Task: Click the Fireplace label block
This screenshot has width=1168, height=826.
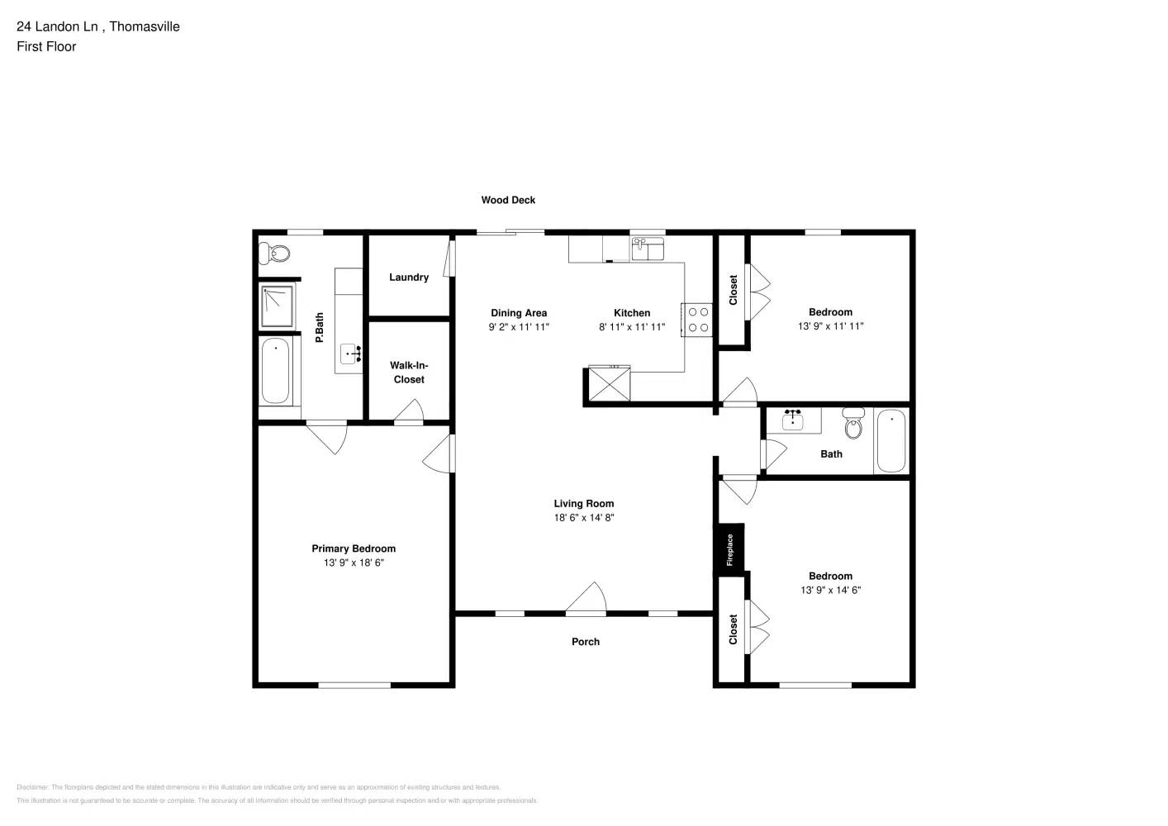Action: point(730,549)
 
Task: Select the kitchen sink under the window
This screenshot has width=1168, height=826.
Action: point(648,249)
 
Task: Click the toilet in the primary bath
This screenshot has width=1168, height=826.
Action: point(278,253)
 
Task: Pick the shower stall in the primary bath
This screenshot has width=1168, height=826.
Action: point(278,306)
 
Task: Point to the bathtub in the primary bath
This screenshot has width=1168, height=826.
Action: point(276,371)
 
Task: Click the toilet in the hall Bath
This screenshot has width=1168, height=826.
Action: point(853,424)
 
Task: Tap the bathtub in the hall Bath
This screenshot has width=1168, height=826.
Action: point(890,441)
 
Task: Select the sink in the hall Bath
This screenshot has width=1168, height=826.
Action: point(793,420)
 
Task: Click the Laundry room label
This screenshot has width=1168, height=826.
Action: point(409,278)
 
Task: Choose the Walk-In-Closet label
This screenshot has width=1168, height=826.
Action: point(409,373)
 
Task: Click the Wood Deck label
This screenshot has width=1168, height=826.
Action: point(508,200)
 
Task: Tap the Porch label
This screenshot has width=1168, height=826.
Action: point(586,642)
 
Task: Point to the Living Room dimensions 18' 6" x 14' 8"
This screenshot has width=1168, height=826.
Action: point(584,518)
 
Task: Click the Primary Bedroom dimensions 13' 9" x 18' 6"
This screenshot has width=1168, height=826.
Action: point(354,563)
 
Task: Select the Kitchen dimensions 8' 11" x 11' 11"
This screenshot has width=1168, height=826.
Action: point(632,327)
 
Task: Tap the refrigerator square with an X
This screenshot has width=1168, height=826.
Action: point(609,385)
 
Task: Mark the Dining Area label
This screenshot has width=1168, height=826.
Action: point(519,313)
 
